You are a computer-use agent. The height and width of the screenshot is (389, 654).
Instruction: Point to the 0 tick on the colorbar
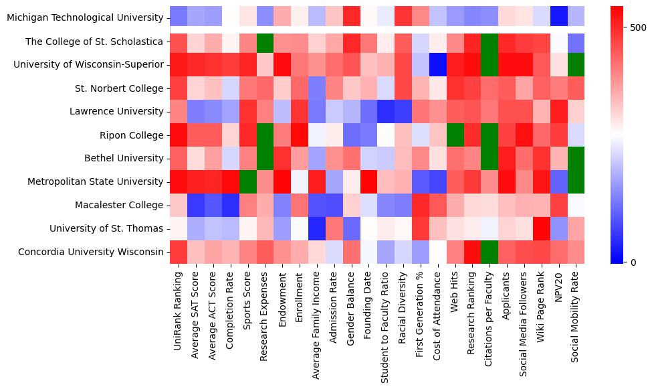[633, 262]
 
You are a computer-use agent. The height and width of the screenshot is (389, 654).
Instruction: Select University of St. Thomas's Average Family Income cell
[317, 228]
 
